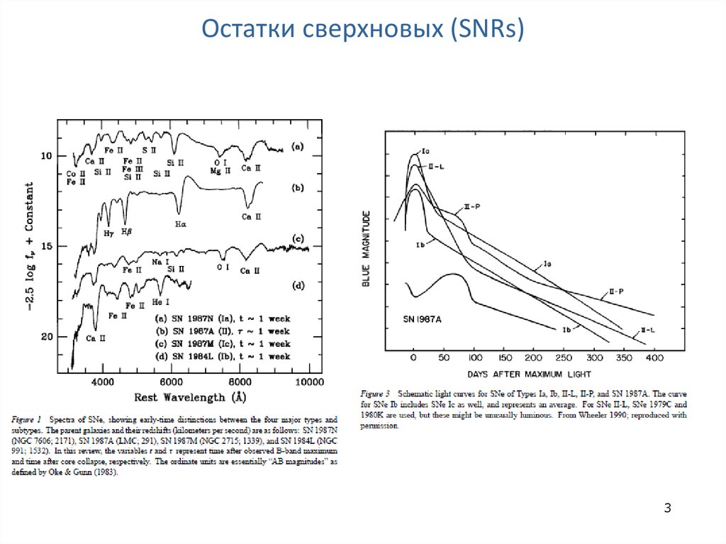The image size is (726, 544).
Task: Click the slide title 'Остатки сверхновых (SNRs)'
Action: point(362,30)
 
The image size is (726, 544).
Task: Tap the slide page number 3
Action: point(667,508)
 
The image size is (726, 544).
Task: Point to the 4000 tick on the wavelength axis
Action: point(103,382)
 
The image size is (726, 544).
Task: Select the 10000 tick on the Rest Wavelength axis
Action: point(309,382)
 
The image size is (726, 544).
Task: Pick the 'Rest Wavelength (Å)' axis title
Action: point(191,398)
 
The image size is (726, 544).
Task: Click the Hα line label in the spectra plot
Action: point(179,224)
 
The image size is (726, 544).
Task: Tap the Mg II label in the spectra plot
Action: point(218,171)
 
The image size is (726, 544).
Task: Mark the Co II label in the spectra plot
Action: point(76,173)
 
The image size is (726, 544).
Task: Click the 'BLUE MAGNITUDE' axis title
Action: point(366,248)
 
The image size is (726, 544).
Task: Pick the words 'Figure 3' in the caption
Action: point(375,394)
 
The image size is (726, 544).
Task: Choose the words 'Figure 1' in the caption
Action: point(27,420)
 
